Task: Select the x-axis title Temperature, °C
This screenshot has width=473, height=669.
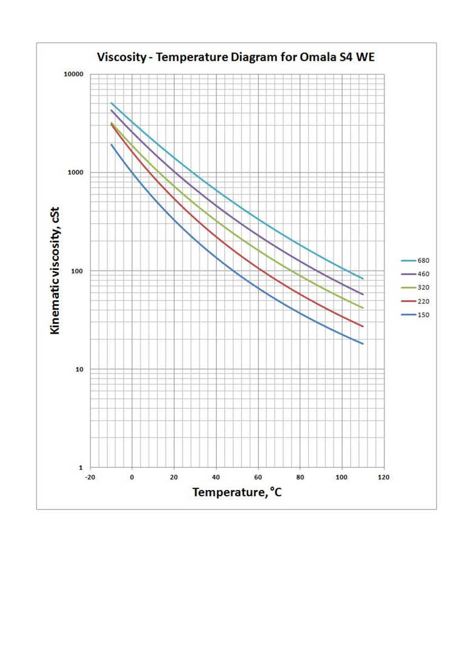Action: tap(237, 492)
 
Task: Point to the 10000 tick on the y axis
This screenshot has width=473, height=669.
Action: tap(74, 75)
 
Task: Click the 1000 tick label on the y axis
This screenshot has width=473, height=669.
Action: tap(76, 173)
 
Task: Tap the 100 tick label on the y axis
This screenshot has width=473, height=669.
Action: tap(78, 271)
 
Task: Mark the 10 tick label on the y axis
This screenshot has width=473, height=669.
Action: tap(79, 369)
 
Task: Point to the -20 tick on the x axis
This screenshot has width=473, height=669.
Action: tap(90, 477)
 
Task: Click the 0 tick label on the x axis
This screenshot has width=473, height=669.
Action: tap(132, 477)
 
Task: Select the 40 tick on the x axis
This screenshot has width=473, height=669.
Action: tap(216, 477)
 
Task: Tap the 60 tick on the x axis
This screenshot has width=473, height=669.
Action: tap(258, 477)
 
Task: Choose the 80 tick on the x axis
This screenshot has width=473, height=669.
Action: tap(300, 477)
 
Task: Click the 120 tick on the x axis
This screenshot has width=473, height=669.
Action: tap(383, 477)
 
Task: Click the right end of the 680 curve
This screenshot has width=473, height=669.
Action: tap(363, 278)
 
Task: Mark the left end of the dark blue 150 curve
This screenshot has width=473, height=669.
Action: tap(111, 144)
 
